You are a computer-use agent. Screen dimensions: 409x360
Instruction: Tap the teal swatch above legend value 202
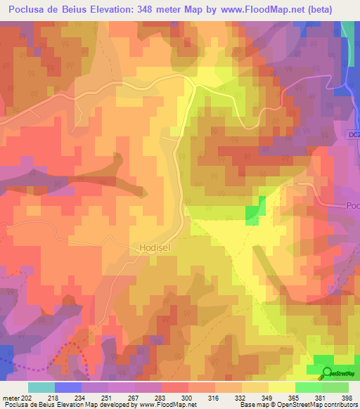[41, 387]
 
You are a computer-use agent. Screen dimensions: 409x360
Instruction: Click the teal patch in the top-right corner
[347, 28]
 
